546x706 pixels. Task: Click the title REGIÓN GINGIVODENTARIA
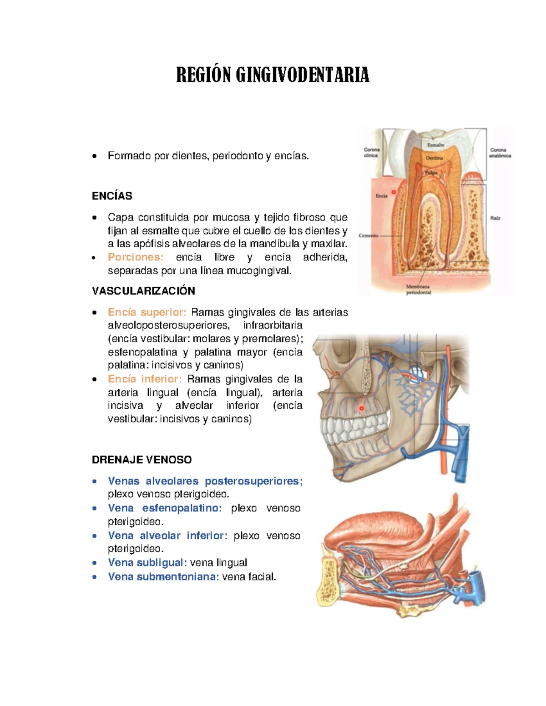(273, 75)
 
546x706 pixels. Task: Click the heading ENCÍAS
(112, 196)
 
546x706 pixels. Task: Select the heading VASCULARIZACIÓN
(143, 291)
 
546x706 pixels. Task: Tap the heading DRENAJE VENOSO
(142, 460)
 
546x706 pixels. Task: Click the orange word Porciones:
(135, 257)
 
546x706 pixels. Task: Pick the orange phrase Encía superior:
(147, 312)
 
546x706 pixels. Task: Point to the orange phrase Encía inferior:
(145, 379)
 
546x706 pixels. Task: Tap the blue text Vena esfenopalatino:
(165, 508)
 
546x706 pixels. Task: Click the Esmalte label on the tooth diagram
(435, 145)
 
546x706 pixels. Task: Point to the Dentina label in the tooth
(434, 158)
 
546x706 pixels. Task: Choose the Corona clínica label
(371, 152)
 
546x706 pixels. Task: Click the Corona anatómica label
(500, 153)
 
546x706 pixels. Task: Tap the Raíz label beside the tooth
(495, 218)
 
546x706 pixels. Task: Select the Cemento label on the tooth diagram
(368, 235)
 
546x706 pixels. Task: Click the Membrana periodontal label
(418, 290)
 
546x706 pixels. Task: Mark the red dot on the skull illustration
(362, 408)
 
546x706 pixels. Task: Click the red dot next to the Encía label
(394, 192)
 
